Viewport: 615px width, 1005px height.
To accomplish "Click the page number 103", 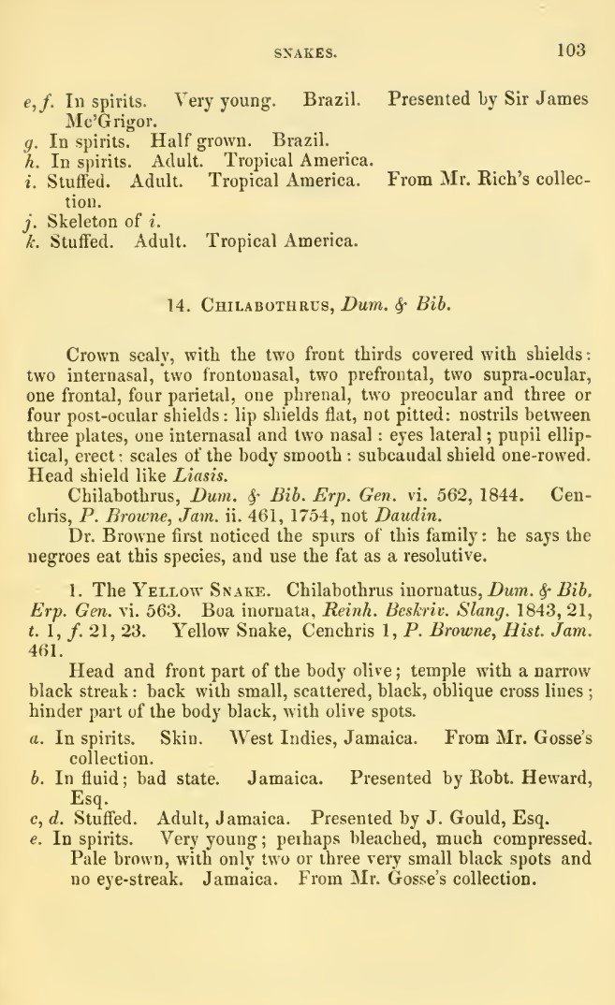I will click(569, 51).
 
